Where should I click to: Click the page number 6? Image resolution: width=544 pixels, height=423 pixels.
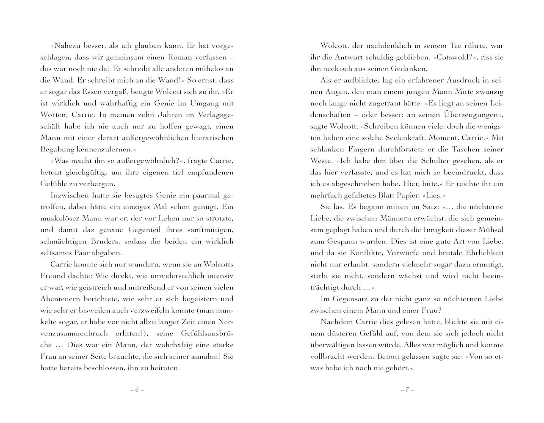click(x=137, y=390)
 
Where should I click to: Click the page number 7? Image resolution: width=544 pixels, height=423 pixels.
click(x=407, y=390)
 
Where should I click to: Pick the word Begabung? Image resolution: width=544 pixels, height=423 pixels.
click(x=58, y=149)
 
